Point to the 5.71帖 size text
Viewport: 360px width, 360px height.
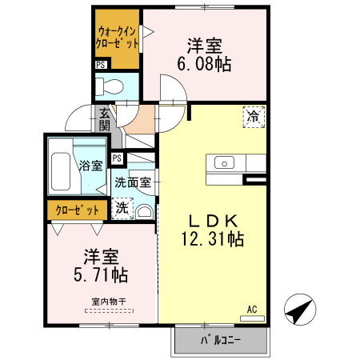97,275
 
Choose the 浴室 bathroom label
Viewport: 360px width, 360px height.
90,166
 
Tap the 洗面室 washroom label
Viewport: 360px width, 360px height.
133,182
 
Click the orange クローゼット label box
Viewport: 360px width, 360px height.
78,210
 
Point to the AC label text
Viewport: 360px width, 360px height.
252,308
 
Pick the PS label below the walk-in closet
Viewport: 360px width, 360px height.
101,66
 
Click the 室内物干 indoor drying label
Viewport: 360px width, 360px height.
108,301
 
